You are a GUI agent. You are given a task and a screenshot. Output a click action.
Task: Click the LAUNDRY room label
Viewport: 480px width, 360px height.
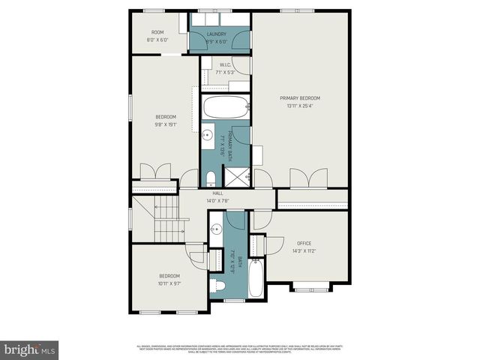(217, 34)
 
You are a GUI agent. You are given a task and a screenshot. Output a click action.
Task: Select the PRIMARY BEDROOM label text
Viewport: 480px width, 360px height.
(299, 98)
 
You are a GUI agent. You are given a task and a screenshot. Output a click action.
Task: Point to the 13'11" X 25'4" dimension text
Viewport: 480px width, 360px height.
(299, 106)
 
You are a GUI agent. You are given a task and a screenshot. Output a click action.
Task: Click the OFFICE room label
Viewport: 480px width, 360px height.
(304, 243)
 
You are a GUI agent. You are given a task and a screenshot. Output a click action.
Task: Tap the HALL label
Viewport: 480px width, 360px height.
(217, 193)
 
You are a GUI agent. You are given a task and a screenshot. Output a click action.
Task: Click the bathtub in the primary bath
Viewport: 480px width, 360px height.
(224, 107)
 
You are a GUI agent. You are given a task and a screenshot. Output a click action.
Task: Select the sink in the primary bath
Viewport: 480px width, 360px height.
(207, 135)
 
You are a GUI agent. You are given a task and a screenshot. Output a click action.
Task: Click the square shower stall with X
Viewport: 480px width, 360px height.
(238, 178)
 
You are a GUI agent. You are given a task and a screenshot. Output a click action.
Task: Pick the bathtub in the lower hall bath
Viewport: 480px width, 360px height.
(256, 278)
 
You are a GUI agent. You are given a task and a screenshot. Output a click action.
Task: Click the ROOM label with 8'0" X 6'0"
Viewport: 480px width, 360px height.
(157, 35)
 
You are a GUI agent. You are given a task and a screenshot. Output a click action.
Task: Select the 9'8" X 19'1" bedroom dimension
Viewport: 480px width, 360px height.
(166, 124)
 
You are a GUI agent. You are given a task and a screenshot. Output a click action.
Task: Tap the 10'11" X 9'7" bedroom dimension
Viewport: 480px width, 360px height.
(169, 283)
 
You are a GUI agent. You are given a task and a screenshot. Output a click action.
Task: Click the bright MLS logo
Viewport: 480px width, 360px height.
(29, 349)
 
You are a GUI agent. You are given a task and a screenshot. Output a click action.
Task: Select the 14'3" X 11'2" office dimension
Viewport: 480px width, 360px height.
(304, 250)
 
